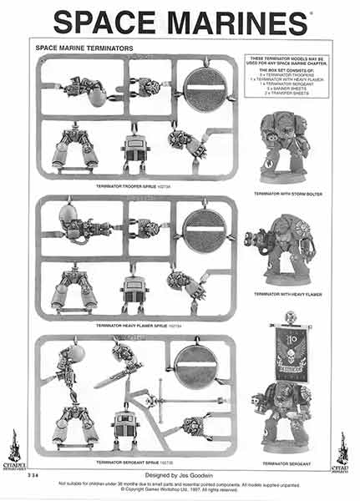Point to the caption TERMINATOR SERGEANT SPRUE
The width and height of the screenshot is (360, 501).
click(x=133, y=462)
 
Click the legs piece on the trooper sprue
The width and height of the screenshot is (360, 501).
click(x=75, y=148)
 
